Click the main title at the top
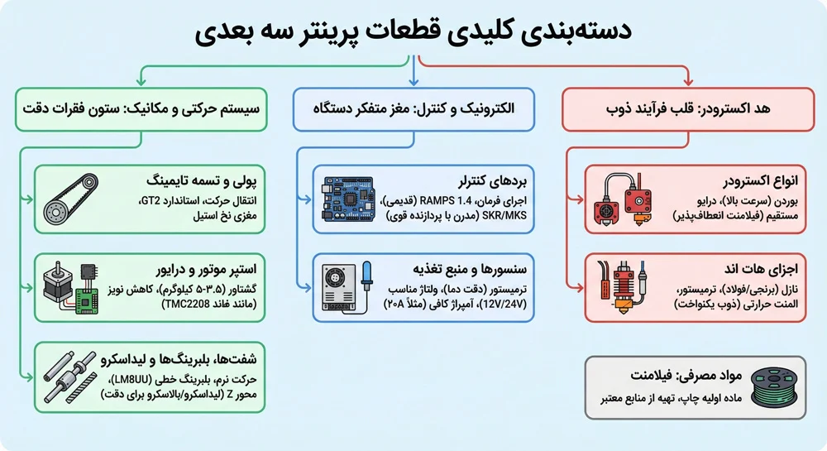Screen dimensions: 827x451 (x=413, y=31)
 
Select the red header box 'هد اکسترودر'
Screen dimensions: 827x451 (x=688, y=109)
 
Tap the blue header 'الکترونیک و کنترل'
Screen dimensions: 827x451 (x=413, y=109)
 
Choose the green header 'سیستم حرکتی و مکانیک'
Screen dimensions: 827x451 (x=141, y=109)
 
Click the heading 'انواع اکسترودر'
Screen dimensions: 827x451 (x=760, y=181)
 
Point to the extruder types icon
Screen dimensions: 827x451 (x=624, y=199)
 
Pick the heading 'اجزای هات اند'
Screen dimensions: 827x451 (x=761, y=269)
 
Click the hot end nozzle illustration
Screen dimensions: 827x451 (x=623, y=287)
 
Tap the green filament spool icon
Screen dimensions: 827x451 (x=774, y=388)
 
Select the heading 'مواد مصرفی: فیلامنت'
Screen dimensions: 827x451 (x=686, y=376)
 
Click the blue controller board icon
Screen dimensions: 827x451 (x=348, y=199)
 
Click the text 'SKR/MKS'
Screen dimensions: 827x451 (x=504, y=215)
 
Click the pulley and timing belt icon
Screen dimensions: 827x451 (x=70, y=199)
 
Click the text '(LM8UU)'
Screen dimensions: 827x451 (x=131, y=380)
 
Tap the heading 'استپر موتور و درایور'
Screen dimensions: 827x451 (x=206, y=270)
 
